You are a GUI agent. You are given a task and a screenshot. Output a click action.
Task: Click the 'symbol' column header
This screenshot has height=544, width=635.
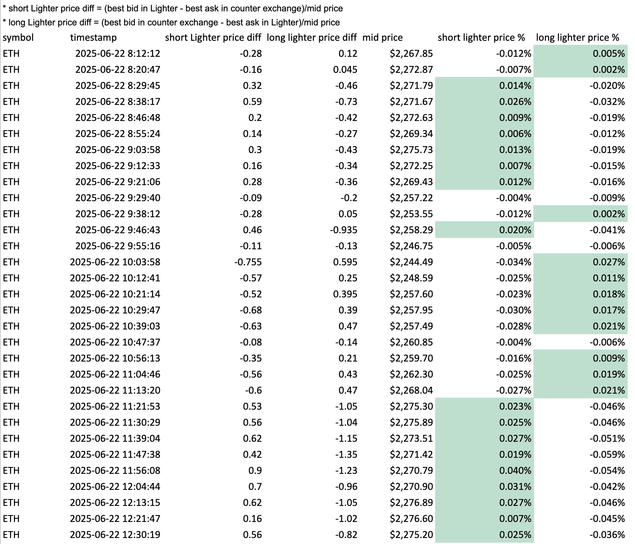18,37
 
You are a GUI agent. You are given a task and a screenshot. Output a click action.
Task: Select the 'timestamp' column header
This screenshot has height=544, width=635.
93,37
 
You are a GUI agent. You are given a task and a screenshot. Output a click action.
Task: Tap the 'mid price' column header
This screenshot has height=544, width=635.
382,37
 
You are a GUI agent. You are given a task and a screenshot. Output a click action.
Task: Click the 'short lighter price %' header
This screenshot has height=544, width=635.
481,37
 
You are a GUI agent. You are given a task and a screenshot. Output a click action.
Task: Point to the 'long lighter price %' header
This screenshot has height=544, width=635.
578,37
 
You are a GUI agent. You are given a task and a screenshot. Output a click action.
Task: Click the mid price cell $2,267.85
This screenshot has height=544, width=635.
411,53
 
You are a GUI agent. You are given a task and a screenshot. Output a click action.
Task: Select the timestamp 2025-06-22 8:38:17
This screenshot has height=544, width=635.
118,102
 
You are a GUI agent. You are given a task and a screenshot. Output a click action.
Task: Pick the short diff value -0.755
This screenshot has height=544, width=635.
248,262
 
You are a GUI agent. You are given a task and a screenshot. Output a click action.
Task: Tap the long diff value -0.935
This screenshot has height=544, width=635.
344,230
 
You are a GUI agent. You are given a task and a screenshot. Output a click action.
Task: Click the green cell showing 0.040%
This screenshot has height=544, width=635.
485,470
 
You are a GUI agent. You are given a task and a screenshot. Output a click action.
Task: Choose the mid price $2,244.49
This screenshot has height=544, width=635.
411,262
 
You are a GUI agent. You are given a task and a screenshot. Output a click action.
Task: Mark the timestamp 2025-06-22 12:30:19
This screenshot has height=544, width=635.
115,535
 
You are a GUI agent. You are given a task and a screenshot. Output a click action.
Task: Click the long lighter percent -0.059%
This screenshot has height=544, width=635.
607,454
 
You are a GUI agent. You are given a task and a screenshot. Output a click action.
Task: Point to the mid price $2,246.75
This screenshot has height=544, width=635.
411,246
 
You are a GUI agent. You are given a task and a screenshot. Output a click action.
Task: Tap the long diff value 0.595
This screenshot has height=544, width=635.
345,262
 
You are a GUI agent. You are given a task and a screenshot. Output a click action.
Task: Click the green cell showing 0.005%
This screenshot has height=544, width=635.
581,53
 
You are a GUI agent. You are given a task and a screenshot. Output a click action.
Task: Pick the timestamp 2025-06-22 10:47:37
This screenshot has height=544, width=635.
115,342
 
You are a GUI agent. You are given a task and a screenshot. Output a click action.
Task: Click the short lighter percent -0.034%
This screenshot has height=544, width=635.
513,262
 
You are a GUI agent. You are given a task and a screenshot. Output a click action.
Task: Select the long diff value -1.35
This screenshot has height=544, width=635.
346,454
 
